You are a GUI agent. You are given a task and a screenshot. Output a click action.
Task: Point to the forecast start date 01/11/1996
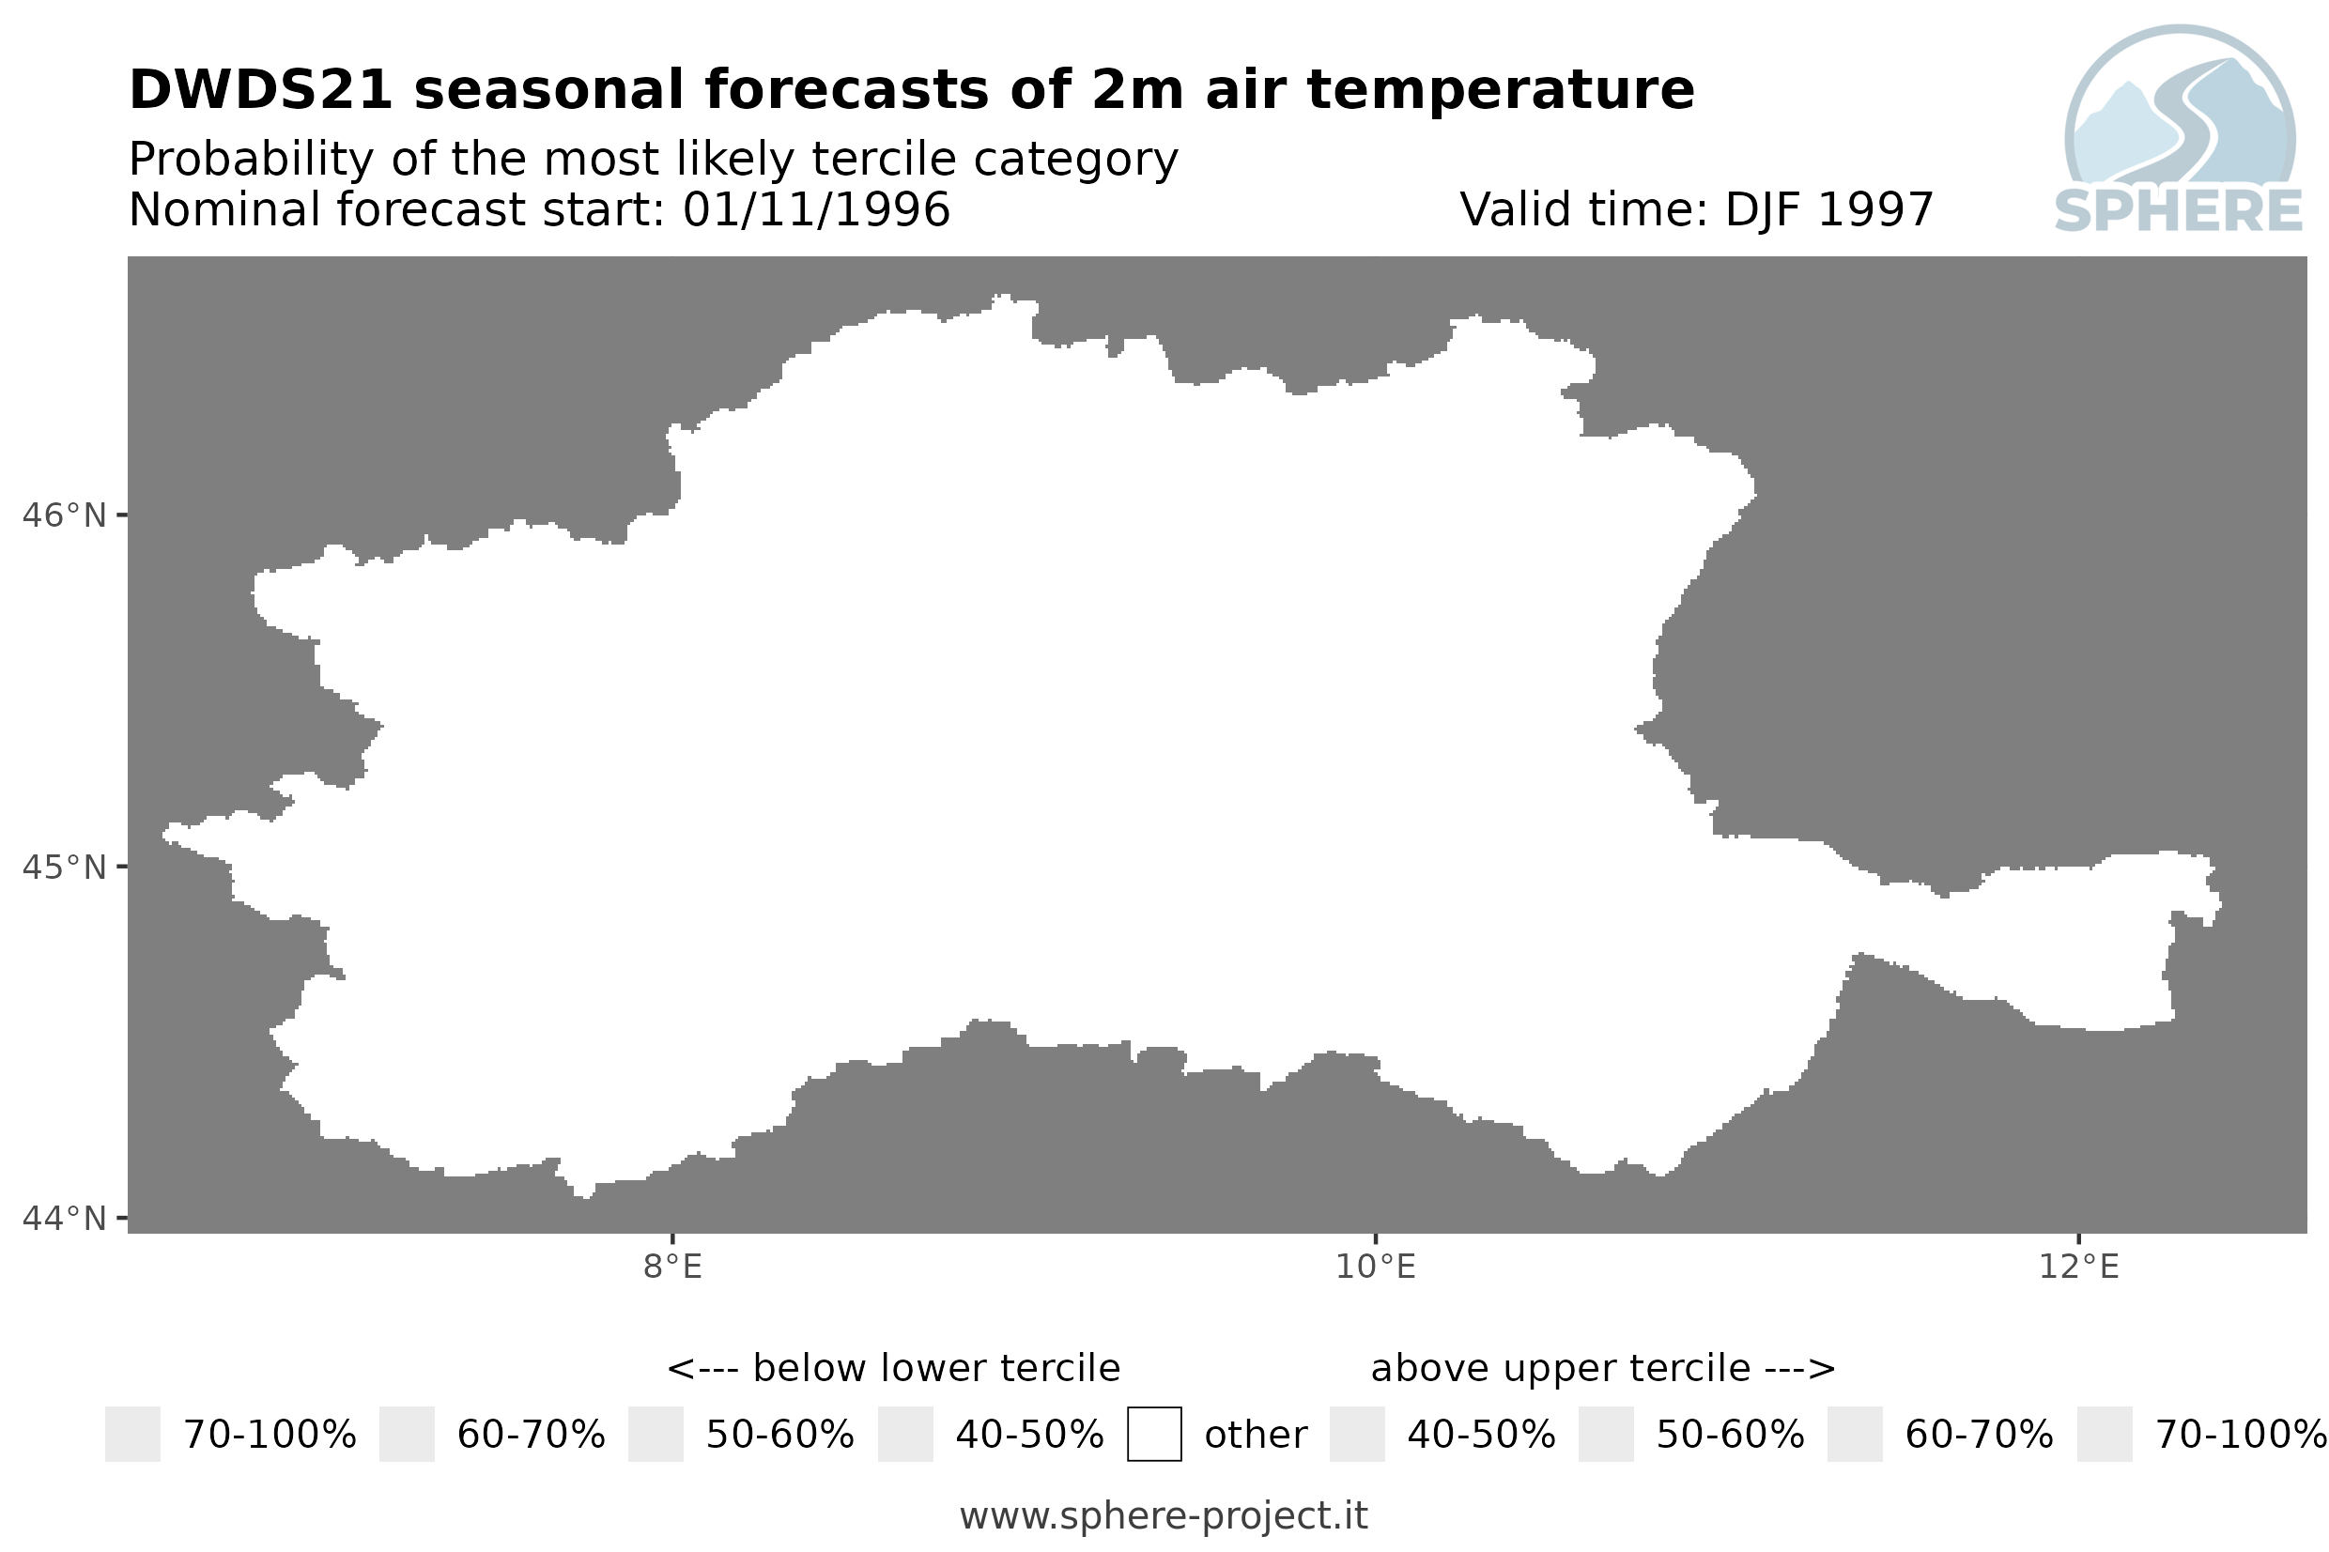[x=817, y=209]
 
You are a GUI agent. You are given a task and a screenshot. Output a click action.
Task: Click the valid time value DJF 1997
[x=1829, y=209]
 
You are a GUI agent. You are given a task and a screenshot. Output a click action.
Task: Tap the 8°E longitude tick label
[x=673, y=1267]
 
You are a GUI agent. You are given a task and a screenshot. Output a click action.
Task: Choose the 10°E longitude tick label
[x=1376, y=1267]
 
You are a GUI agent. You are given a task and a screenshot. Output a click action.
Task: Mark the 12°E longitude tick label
[x=2078, y=1267]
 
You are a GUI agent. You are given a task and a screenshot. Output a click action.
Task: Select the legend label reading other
[x=1256, y=1436]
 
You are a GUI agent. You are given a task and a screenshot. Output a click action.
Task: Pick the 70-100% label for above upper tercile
[x=2241, y=1436]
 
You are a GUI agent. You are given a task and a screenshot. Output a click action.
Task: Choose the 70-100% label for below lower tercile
[x=270, y=1436]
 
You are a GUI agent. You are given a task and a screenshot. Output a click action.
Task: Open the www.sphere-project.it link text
[x=1164, y=1516]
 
